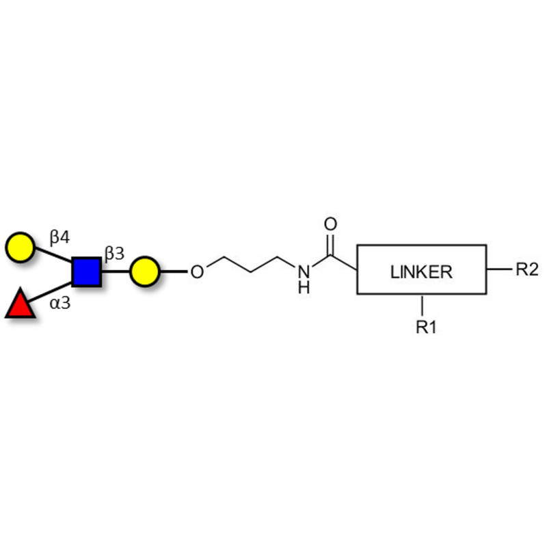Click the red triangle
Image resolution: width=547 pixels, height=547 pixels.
pos(19,304)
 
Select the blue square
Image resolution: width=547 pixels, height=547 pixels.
pos(86,271)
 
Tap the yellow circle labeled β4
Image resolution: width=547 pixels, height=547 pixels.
pos(20,247)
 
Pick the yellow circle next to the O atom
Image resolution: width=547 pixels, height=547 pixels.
pos(144,271)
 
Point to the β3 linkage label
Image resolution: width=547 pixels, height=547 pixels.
pos(114,255)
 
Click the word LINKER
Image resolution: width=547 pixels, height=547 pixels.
pos(421,271)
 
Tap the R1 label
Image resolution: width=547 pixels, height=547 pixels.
pos(425,328)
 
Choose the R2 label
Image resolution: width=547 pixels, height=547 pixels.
pos(526,269)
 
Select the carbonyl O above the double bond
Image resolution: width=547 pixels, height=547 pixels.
pos(331,224)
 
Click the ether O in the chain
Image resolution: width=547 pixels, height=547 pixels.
pos(197,272)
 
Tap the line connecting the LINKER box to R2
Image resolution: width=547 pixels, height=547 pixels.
pos(498,269)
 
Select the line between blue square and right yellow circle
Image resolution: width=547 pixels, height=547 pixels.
pos(116,271)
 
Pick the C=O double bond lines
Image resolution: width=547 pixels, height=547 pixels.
pos(331,243)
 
